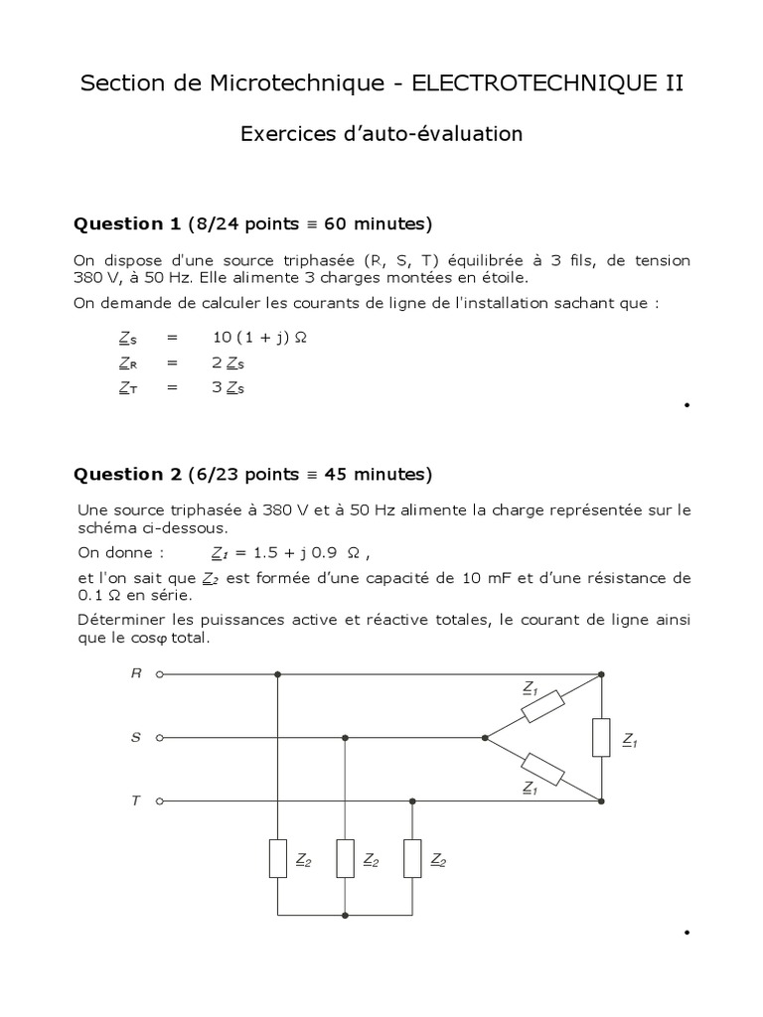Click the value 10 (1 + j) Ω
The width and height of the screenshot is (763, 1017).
click(x=260, y=338)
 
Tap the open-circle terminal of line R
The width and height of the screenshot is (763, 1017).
click(x=159, y=673)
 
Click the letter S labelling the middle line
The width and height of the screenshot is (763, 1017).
click(x=135, y=738)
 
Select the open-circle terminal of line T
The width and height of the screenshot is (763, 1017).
click(x=159, y=800)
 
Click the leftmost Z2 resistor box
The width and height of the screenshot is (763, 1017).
click(x=278, y=858)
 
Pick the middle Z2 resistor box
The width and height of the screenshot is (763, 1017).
click(x=345, y=858)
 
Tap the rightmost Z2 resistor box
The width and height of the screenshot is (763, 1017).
click(x=412, y=858)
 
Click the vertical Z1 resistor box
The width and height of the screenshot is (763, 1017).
click(x=601, y=737)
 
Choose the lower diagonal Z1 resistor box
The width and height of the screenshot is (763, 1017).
click(x=542, y=770)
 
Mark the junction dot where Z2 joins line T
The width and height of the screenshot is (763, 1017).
click(x=412, y=800)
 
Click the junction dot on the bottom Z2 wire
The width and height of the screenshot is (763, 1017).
click(x=345, y=915)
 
